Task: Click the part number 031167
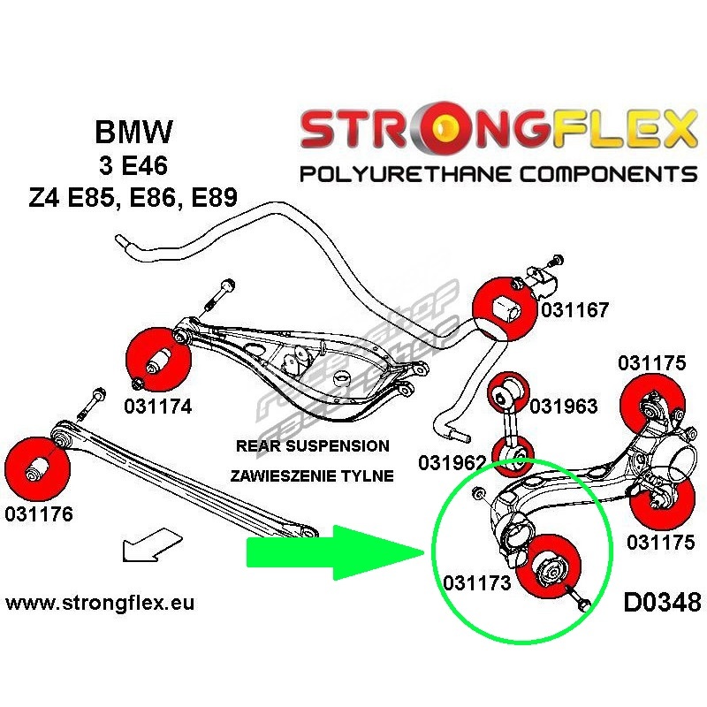click(x=574, y=310)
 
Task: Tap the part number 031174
click(x=158, y=407)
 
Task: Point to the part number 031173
click(x=477, y=584)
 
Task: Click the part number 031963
click(x=563, y=407)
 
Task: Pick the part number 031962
click(x=452, y=462)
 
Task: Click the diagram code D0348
click(x=661, y=603)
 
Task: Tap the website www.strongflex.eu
click(x=99, y=604)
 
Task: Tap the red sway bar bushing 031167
click(x=505, y=309)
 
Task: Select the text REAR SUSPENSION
click(x=312, y=446)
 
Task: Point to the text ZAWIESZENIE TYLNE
click(x=311, y=475)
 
